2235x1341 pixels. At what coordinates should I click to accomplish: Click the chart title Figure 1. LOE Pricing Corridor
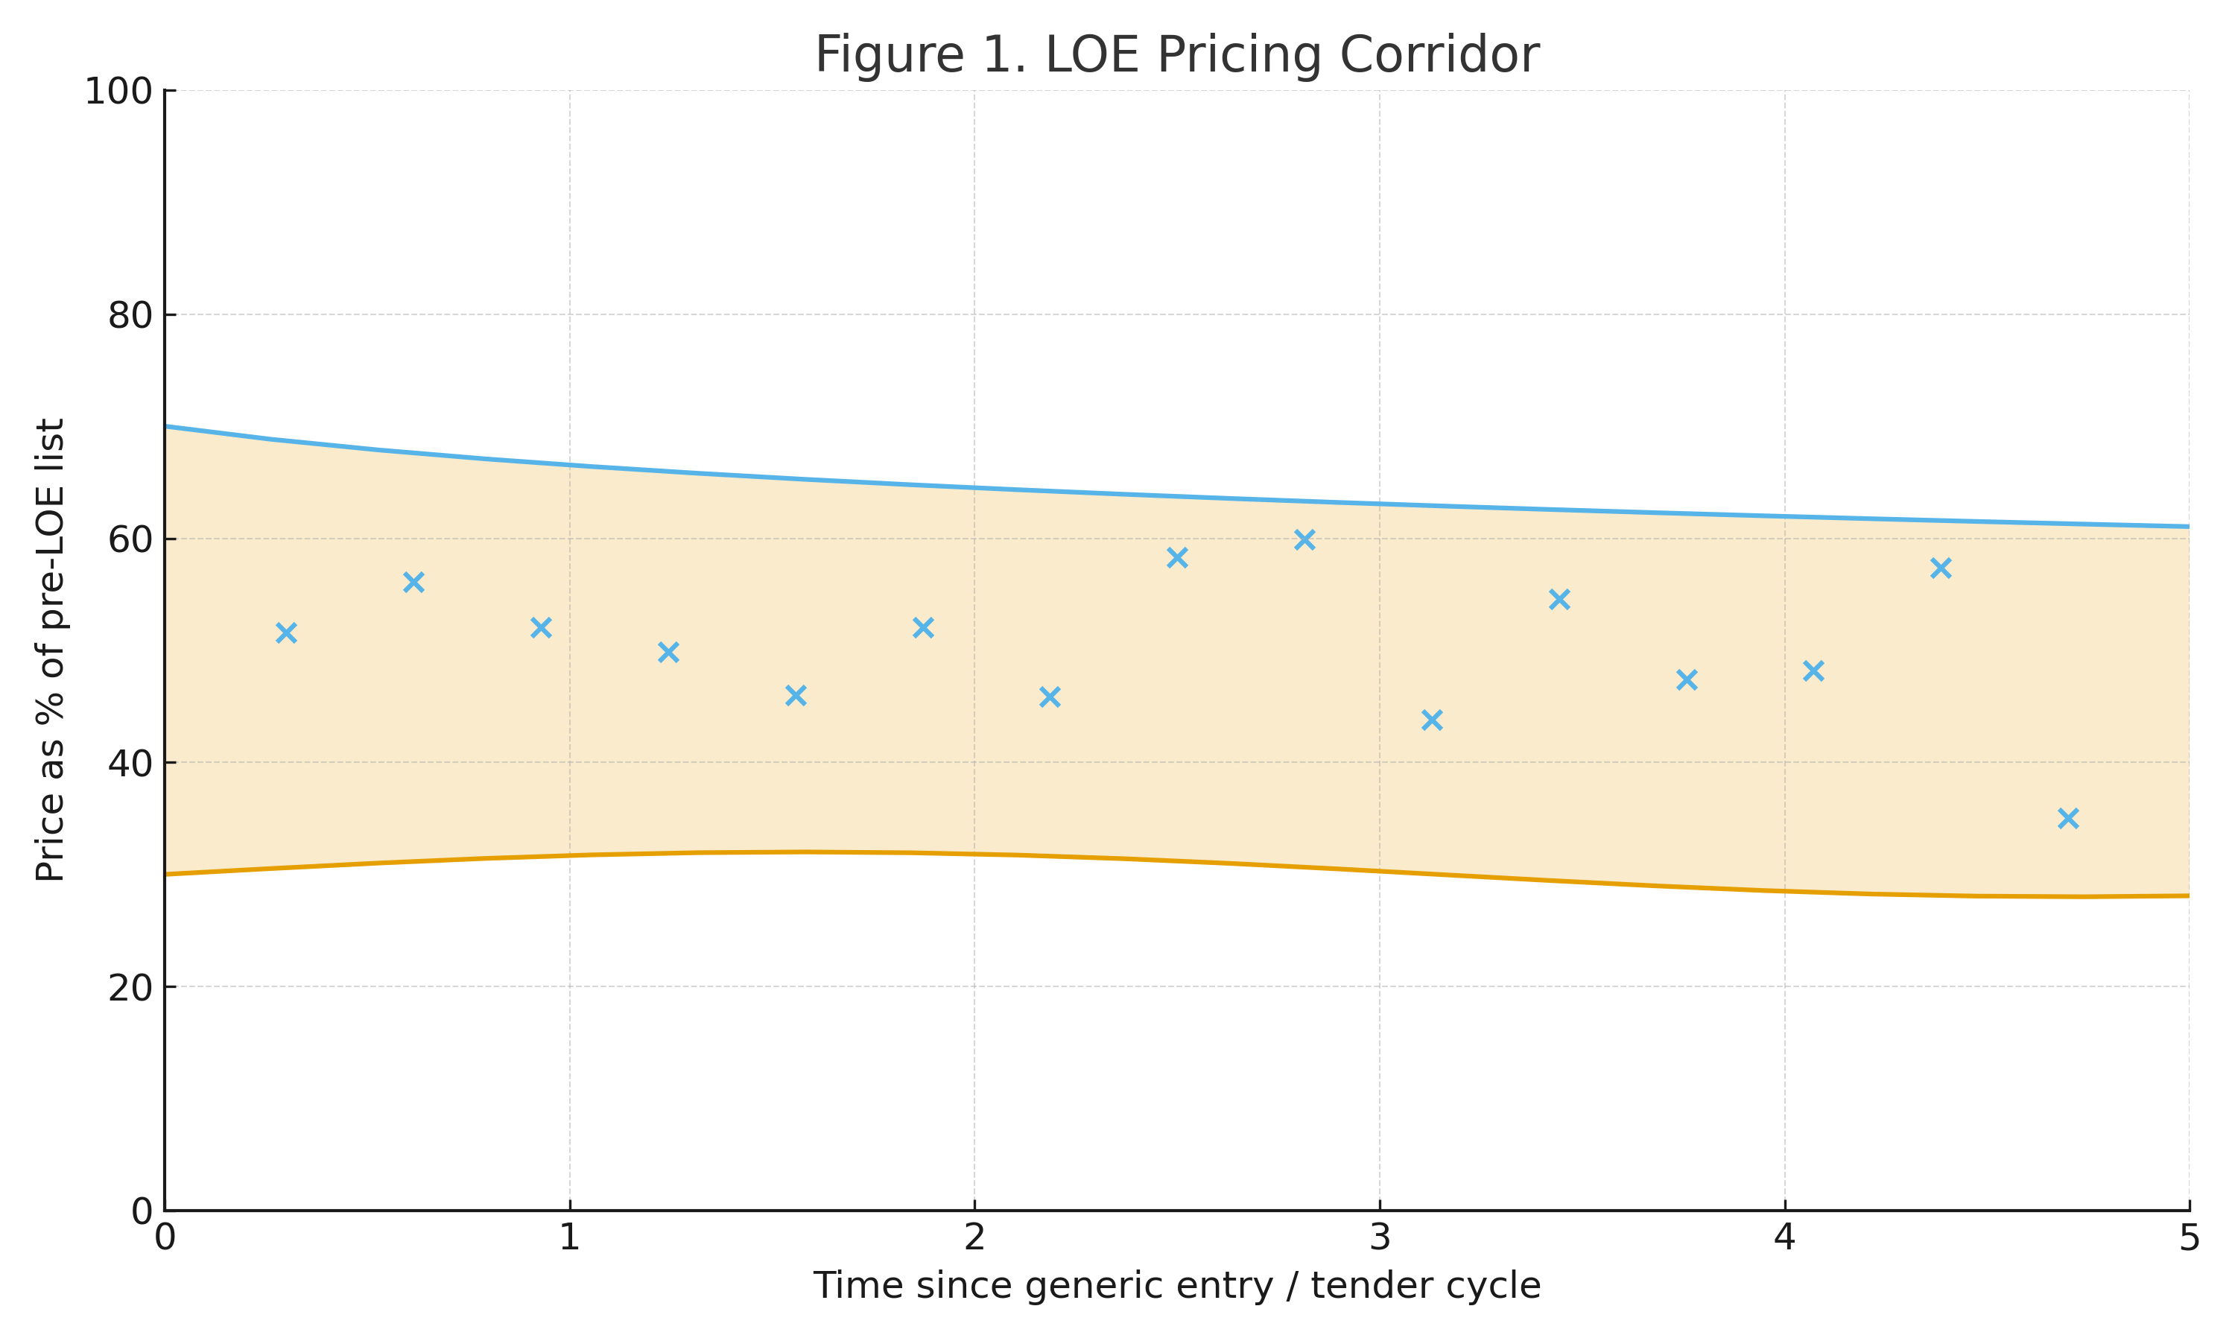click(x=1176, y=55)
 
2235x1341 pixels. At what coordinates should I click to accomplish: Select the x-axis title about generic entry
click(x=1176, y=1285)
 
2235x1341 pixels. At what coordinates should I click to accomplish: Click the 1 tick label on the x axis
click(x=569, y=1237)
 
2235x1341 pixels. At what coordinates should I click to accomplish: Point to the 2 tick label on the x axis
click(x=974, y=1237)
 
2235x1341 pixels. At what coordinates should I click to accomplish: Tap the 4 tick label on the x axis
click(x=1784, y=1237)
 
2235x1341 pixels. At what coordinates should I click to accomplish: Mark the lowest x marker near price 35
click(x=2068, y=818)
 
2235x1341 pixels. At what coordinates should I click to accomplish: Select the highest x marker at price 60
click(x=1304, y=540)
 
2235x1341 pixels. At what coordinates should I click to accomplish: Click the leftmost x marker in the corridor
click(x=285, y=633)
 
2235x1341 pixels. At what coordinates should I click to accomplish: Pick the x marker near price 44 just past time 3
click(x=1432, y=719)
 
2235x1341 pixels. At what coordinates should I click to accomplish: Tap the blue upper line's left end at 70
click(x=167, y=427)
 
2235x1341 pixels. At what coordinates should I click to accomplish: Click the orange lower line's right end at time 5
click(x=2187, y=895)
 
